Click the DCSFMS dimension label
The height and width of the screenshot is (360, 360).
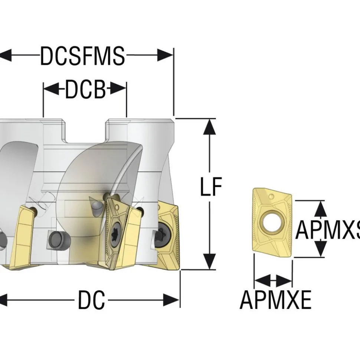pyautogui.click(x=82, y=56)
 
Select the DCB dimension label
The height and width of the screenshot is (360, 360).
pyautogui.click(x=85, y=89)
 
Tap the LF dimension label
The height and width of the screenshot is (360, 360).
pyautogui.click(x=211, y=186)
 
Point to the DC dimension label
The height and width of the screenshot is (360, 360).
pyautogui.click(x=92, y=300)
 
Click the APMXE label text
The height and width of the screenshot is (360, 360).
pyautogui.click(x=275, y=300)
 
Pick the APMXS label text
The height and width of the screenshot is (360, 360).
pyautogui.click(x=328, y=229)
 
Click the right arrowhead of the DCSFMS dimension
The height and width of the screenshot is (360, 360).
pyautogui.click(x=165, y=55)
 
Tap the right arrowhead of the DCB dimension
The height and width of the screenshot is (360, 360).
pyautogui.click(x=118, y=88)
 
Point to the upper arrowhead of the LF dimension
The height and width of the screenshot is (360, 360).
pyautogui.click(x=209, y=126)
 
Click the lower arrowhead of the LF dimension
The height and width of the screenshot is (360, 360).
pyautogui.click(x=209, y=261)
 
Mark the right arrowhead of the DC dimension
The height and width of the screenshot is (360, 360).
pyautogui.click(x=171, y=300)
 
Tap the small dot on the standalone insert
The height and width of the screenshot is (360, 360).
pyautogui.click(x=271, y=196)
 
